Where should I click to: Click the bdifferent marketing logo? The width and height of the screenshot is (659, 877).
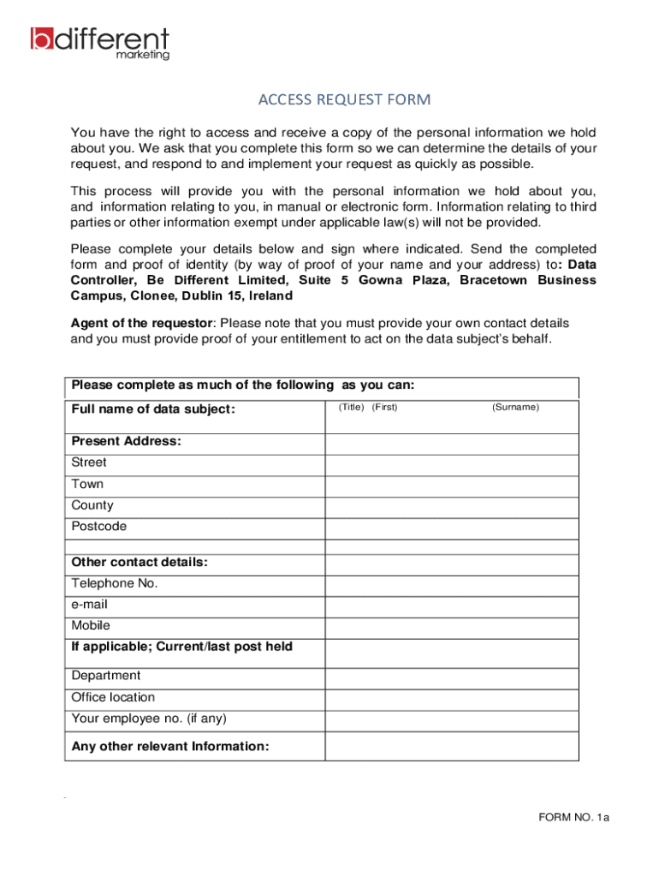[x=100, y=43]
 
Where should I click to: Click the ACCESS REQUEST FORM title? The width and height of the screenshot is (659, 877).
[x=345, y=100]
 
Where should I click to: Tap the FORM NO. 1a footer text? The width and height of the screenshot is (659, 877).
[x=573, y=818]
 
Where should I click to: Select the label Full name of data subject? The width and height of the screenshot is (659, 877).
[x=153, y=409]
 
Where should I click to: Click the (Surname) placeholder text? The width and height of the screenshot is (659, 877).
[x=515, y=408]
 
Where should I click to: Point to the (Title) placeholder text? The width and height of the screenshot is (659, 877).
[x=351, y=408]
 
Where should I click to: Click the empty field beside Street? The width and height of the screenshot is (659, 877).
[x=451, y=465]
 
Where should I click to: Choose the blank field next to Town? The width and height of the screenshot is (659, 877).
[x=451, y=486]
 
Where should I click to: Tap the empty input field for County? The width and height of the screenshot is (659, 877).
[x=451, y=508]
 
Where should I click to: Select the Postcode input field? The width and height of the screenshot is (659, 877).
[x=451, y=529]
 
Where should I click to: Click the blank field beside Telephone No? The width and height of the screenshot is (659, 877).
[x=451, y=586]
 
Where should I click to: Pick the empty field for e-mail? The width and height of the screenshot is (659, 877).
[x=451, y=607]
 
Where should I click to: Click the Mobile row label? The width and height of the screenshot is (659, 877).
[x=91, y=626]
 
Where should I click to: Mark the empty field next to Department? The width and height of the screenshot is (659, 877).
[x=451, y=678]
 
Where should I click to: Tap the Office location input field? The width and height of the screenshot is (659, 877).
[x=451, y=700]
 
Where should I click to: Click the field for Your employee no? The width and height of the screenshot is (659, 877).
[x=451, y=721]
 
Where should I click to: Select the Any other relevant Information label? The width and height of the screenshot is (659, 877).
[x=170, y=747]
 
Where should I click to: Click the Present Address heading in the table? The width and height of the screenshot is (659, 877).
[x=126, y=442]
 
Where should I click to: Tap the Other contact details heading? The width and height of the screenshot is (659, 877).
[x=140, y=563]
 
